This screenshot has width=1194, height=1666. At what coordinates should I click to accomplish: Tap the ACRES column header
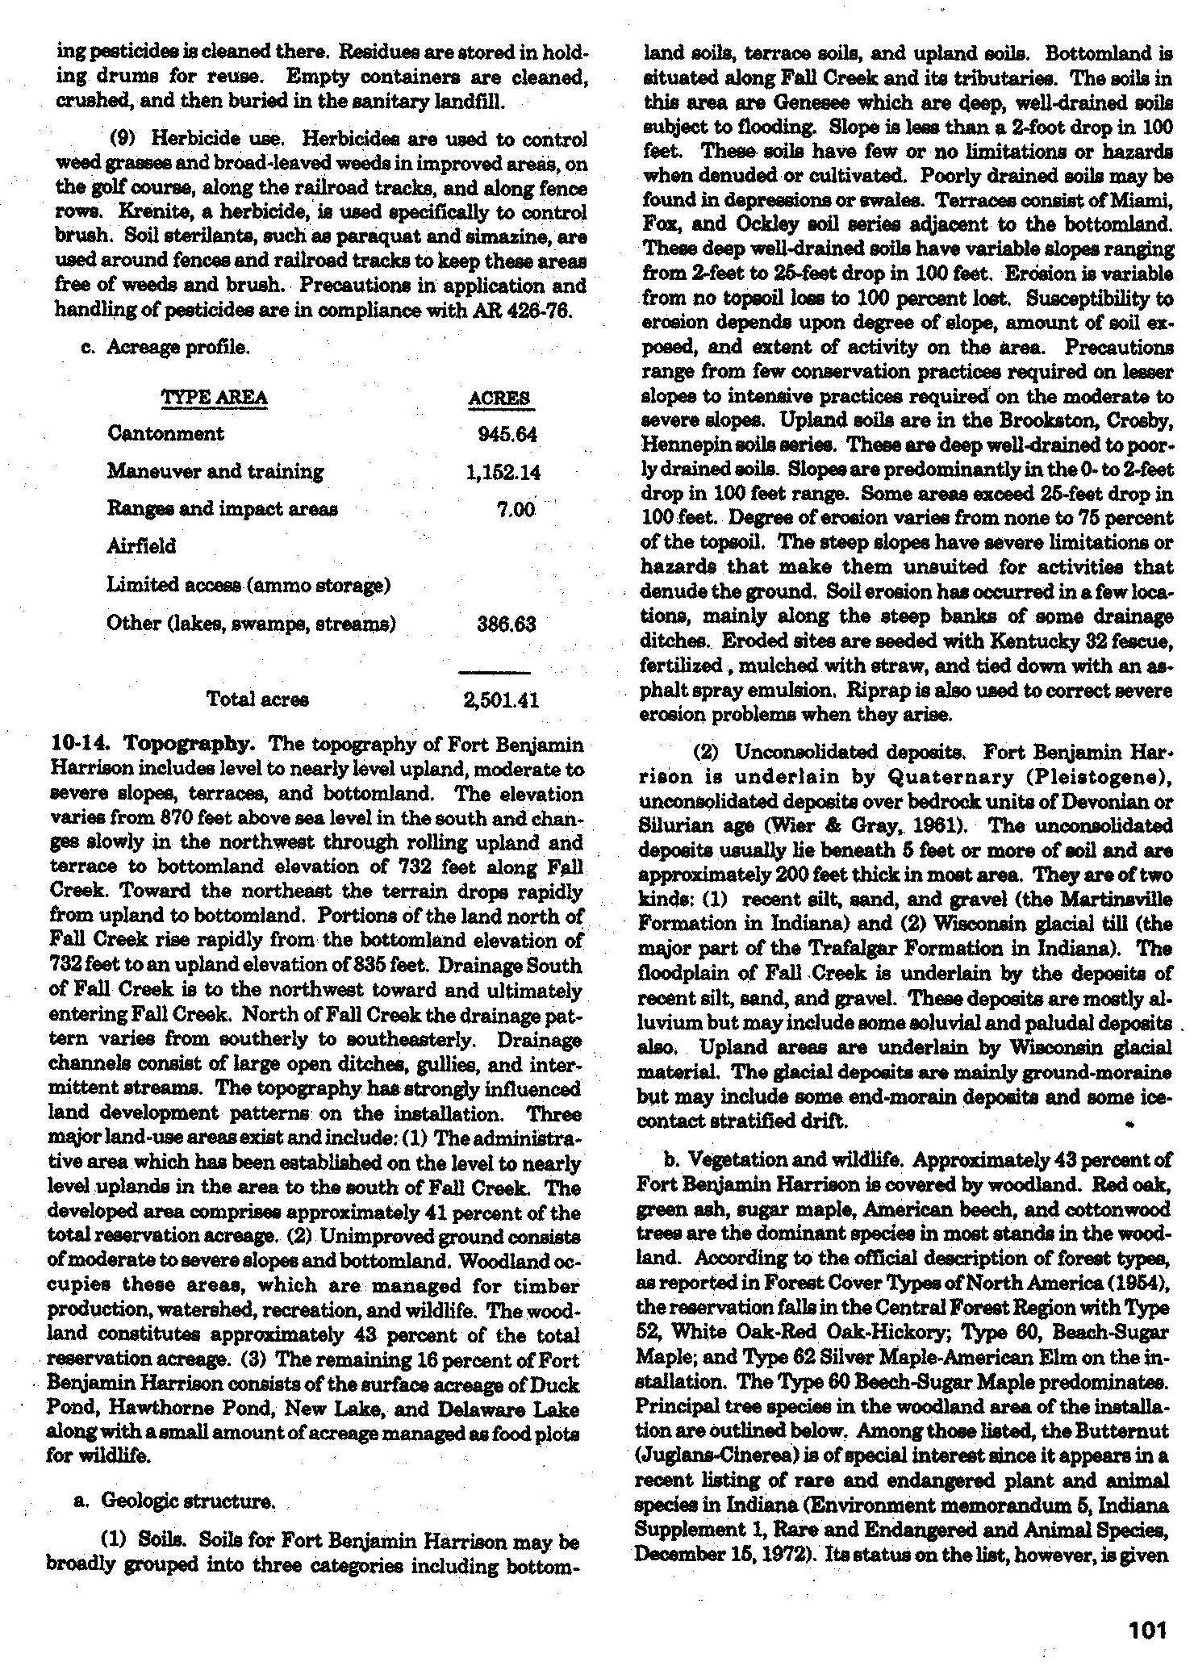click(499, 399)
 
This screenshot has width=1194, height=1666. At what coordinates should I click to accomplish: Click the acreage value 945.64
click(507, 434)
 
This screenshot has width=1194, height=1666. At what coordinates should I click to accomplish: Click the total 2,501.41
click(501, 700)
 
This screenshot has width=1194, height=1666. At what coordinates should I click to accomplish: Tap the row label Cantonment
click(165, 433)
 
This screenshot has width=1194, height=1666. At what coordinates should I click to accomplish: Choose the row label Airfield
click(141, 547)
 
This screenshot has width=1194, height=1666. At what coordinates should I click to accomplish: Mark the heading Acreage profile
click(177, 348)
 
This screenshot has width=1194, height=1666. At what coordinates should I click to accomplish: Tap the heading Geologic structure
click(188, 1501)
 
